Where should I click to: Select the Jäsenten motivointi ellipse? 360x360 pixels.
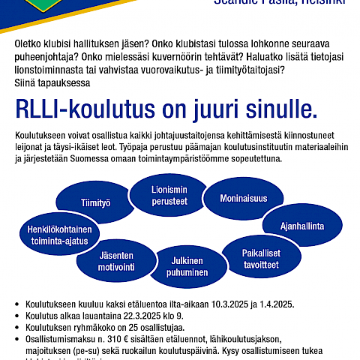[x=116, y=259]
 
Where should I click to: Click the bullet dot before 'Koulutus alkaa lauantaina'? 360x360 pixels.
[x=18, y=317]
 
